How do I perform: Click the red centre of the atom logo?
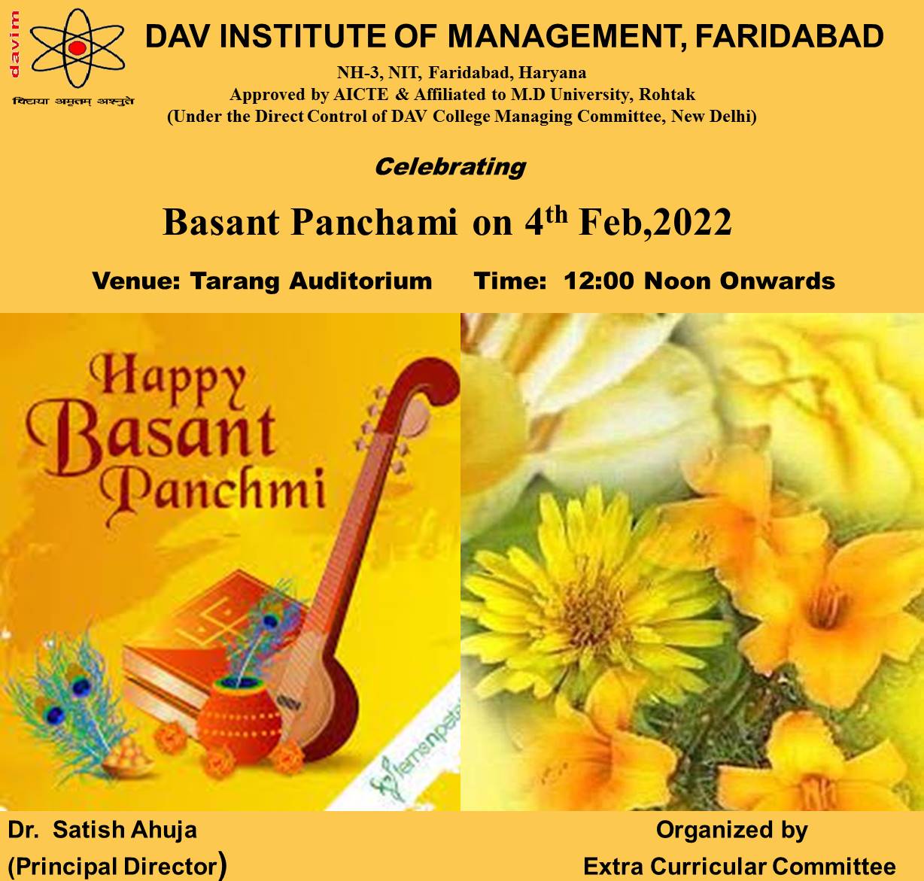[77, 47]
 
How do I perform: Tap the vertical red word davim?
[14, 44]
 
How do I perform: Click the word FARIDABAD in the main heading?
[789, 36]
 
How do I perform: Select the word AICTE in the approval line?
[361, 95]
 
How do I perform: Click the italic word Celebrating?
[450, 167]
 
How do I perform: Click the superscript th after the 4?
[556, 214]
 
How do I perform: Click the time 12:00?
[599, 281]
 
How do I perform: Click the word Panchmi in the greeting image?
[212, 493]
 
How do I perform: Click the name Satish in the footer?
[87, 830]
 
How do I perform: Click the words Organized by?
[732, 831]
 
